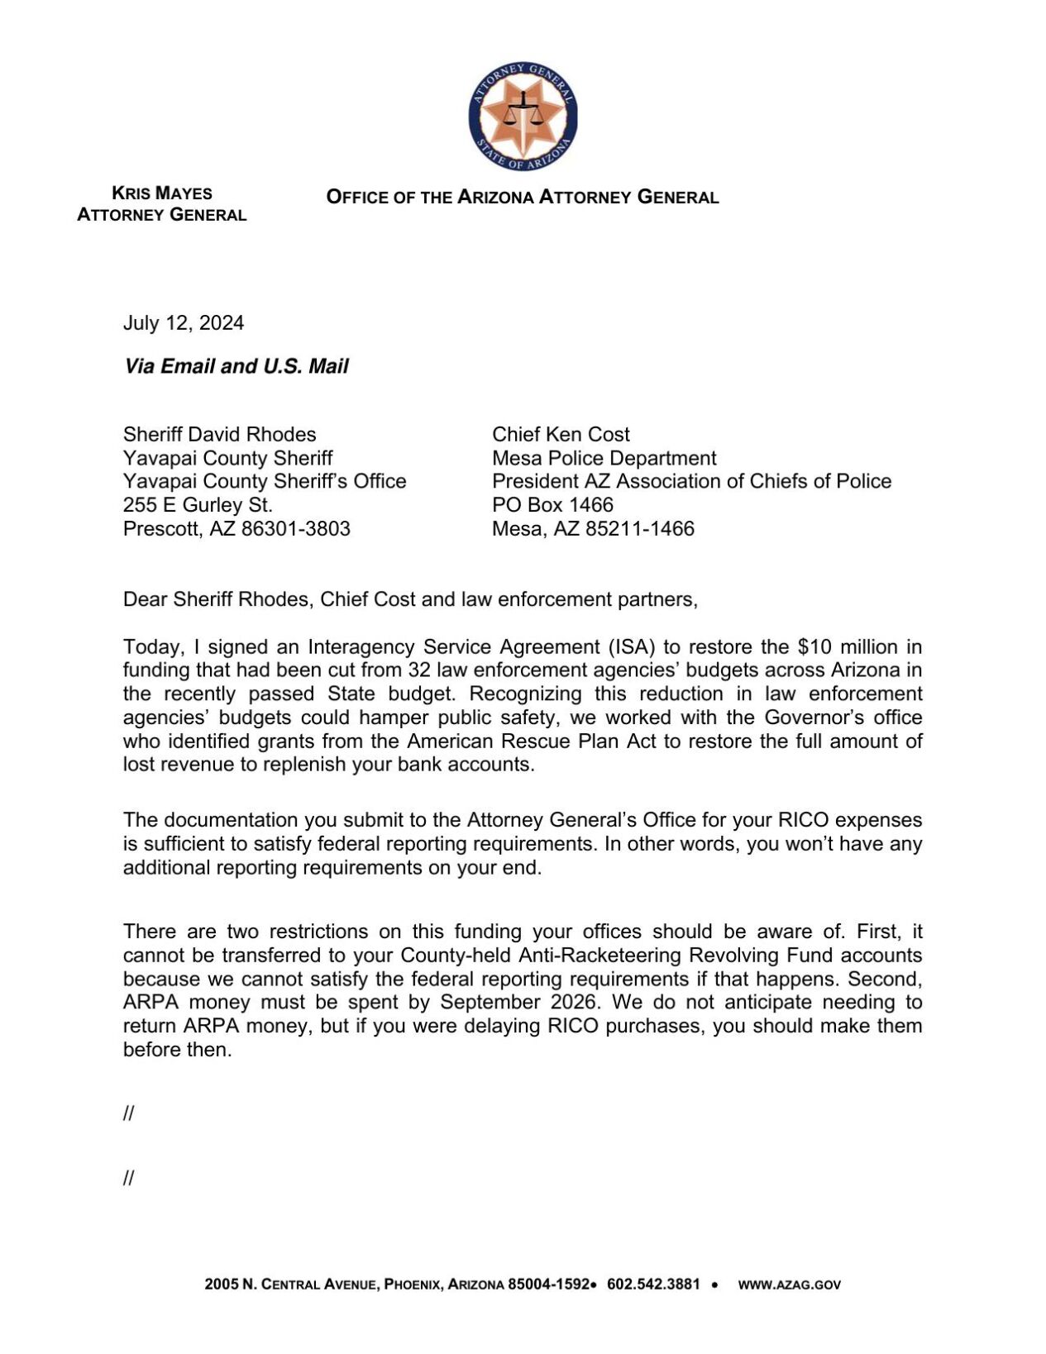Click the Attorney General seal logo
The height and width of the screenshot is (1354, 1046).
pos(522,116)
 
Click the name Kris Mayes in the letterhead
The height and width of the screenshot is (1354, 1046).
pos(162,193)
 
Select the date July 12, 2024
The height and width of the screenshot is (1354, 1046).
pos(184,323)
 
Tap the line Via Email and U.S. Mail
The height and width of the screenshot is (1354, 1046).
pos(236,366)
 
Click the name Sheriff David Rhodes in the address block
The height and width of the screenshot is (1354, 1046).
pos(219,435)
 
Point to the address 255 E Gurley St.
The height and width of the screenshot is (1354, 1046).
pos(198,505)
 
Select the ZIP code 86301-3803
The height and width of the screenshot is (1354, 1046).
pos(295,529)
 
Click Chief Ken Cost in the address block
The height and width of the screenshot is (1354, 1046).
pos(561,435)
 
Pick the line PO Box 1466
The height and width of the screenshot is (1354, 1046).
pos(552,505)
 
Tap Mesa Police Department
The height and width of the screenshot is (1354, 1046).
pos(604,459)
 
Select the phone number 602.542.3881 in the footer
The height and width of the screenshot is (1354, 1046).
pos(653,1285)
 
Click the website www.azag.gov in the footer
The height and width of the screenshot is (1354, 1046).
pos(789,1285)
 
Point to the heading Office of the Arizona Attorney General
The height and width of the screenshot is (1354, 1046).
pos(522,198)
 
